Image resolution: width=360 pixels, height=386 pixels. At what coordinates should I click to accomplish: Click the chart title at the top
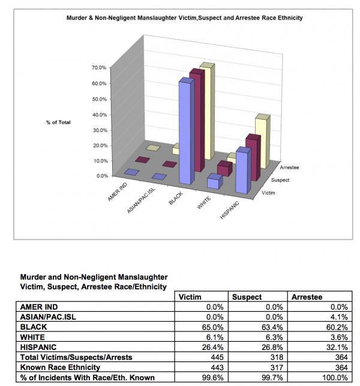pyautogui.click(x=184, y=18)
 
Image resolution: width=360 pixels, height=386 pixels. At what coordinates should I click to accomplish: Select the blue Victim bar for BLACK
pyautogui.click(x=187, y=132)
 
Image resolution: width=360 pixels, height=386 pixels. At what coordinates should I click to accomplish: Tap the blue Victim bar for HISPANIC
pyautogui.click(x=243, y=171)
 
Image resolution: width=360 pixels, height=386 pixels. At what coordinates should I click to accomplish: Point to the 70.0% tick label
pyautogui.click(x=99, y=68)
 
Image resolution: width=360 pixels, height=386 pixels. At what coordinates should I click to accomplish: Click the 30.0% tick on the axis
pyautogui.click(x=99, y=130)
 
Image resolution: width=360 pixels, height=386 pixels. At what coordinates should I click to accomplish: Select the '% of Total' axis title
pyautogui.click(x=58, y=122)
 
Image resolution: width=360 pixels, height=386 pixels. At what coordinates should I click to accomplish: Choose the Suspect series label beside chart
pyautogui.click(x=280, y=180)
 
